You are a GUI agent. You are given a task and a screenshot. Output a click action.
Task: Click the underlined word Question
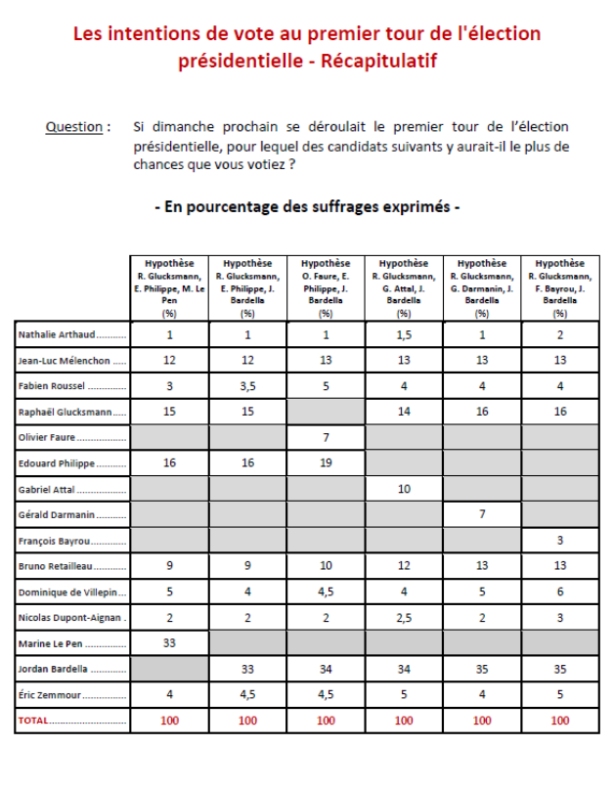tap(74, 127)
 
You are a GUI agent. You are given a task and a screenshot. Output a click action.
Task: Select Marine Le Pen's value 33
tap(169, 643)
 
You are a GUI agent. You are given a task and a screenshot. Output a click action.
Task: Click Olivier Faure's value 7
tap(326, 437)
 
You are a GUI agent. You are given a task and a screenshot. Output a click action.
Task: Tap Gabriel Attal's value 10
tap(404, 489)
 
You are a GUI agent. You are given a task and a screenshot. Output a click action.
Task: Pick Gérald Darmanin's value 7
tap(482, 514)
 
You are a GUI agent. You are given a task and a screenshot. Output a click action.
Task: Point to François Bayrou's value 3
tap(560, 540)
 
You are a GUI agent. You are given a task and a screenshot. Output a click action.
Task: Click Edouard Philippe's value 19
tap(326, 463)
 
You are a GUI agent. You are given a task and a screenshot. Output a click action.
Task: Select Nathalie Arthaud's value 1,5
tap(404, 335)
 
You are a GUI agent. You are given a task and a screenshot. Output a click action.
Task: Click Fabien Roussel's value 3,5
tap(247, 386)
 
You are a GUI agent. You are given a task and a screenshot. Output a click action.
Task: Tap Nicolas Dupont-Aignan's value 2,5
tap(404, 618)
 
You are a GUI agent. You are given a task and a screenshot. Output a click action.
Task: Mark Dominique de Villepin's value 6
tap(560, 592)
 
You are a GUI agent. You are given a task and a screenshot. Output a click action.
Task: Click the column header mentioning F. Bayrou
tap(560, 287)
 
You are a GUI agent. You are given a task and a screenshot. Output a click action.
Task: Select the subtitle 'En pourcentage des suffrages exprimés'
tap(307, 207)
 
